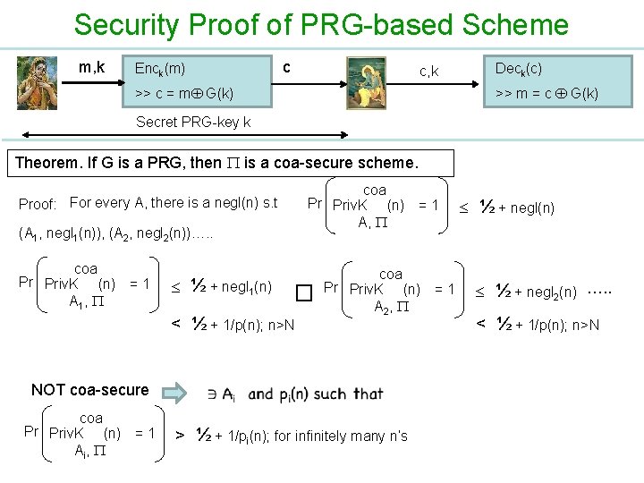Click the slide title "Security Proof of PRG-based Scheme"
click(321, 24)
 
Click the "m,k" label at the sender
click(92, 67)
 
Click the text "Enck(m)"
click(160, 68)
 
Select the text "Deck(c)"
click(518, 68)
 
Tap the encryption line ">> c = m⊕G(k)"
click(184, 92)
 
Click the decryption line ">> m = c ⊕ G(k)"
click(547, 92)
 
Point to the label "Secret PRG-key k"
click(192, 121)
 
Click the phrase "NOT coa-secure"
click(89, 389)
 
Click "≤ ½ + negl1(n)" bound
click(221, 286)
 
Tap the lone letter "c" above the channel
click(285, 67)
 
